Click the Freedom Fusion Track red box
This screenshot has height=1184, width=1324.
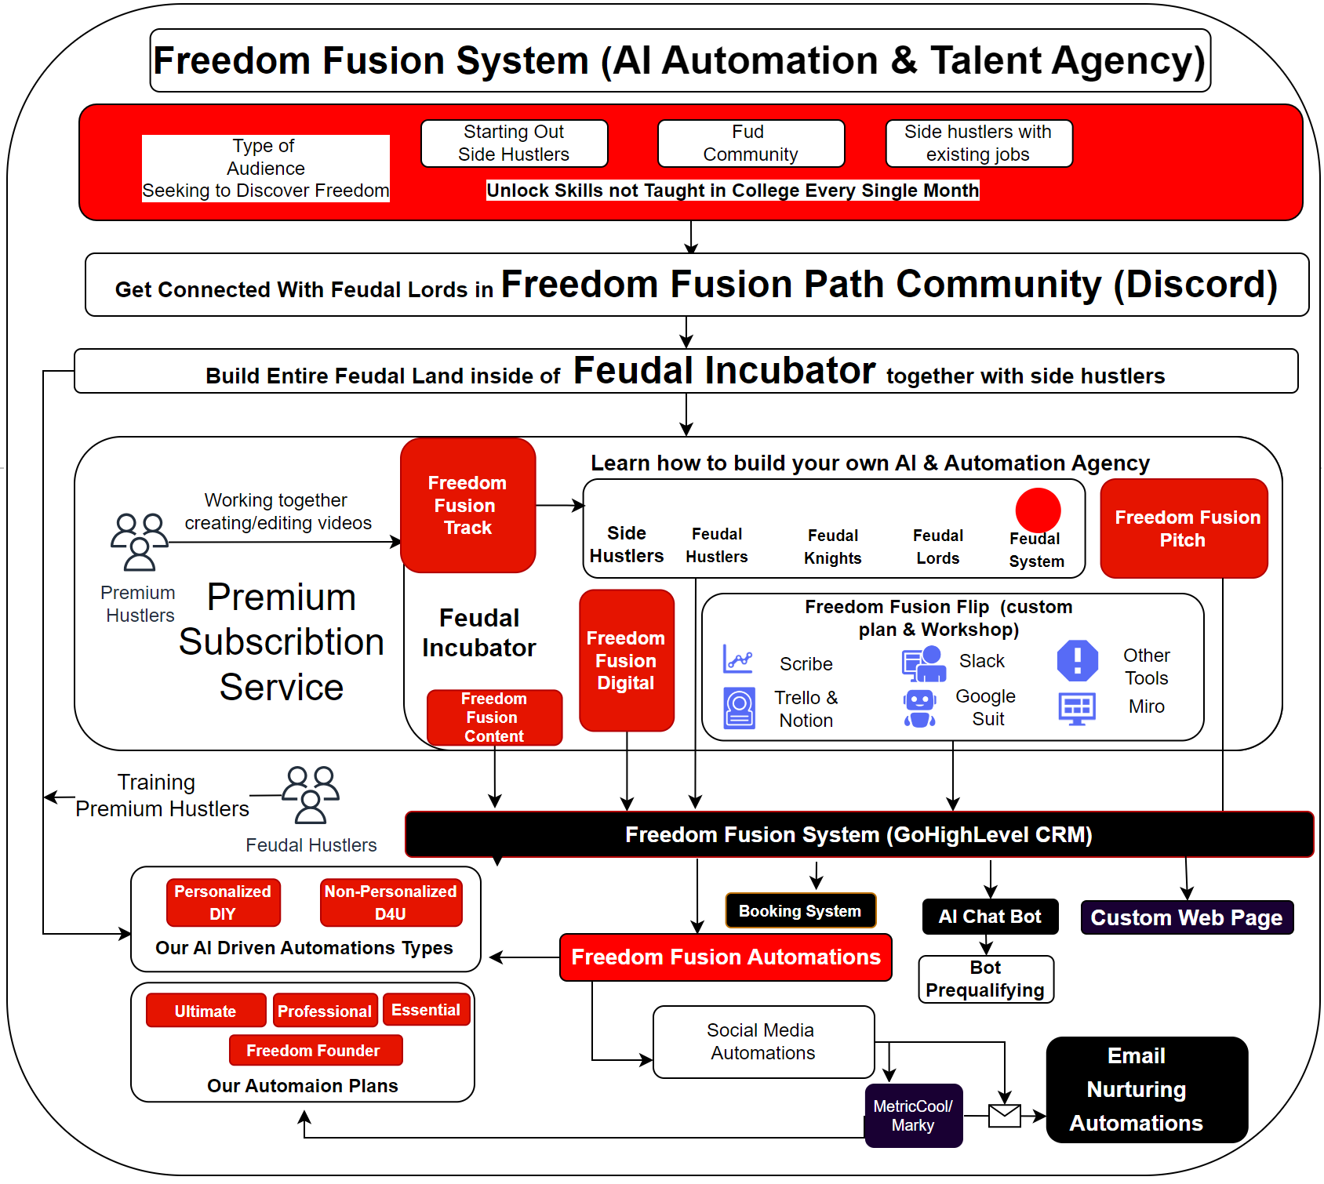(467, 505)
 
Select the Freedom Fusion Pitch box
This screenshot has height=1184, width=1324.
(1183, 528)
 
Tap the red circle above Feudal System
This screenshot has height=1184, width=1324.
(1037, 510)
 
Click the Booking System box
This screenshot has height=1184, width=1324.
(799, 910)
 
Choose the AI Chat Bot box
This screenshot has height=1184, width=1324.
(990, 916)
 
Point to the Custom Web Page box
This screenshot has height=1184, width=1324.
(1186, 917)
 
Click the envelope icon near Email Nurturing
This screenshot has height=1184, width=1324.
(1004, 1115)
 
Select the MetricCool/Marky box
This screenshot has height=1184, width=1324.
(913, 1115)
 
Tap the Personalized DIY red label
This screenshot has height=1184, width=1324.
(223, 903)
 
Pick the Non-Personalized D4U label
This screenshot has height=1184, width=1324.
(391, 903)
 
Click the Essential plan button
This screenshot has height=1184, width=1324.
(426, 1010)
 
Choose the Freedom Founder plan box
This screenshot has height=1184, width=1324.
(315, 1050)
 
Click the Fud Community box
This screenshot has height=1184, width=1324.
(750, 143)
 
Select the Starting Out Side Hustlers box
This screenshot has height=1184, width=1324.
(514, 143)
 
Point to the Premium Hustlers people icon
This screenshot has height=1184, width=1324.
(139, 541)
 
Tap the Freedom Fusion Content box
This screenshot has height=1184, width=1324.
(494, 717)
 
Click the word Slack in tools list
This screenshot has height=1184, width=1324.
(981, 661)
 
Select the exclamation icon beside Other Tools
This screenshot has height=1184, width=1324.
(1077, 660)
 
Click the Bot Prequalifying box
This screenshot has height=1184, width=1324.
(986, 979)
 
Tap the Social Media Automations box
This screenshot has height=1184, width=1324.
(762, 1041)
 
